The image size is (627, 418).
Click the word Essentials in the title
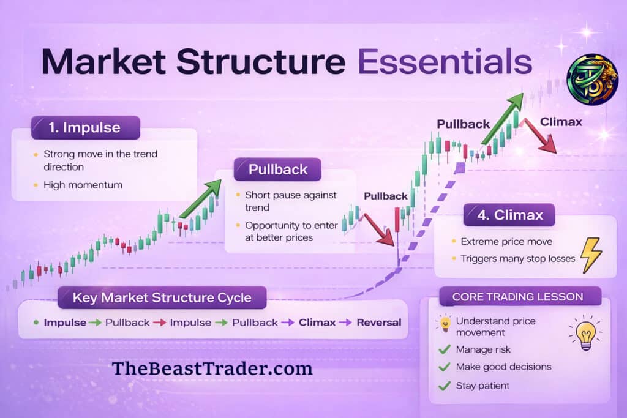(445, 62)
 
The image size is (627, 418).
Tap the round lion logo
(593, 79)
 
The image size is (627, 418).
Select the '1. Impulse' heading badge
(86, 127)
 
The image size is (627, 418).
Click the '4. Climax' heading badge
(509, 215)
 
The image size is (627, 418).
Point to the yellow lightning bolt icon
(591, 255)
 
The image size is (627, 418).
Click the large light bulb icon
(586, 334)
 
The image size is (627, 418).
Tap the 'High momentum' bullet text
(83, 185)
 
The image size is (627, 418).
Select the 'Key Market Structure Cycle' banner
(162, 297)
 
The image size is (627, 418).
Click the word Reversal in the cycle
(378, 323)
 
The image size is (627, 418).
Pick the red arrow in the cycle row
(160, 323)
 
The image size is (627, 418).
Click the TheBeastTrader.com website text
(212, 368)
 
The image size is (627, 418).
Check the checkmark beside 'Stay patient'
(445, 386)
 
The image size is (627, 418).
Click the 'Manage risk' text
(483, 349)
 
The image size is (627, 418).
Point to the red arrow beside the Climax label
(539, 136)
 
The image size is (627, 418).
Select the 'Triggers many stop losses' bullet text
(517, 258)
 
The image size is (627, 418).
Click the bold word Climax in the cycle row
(317, 323)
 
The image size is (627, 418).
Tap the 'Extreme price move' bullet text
(506, 241)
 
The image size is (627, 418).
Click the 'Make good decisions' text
(503, 367)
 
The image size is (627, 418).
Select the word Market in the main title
(103, 62)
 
